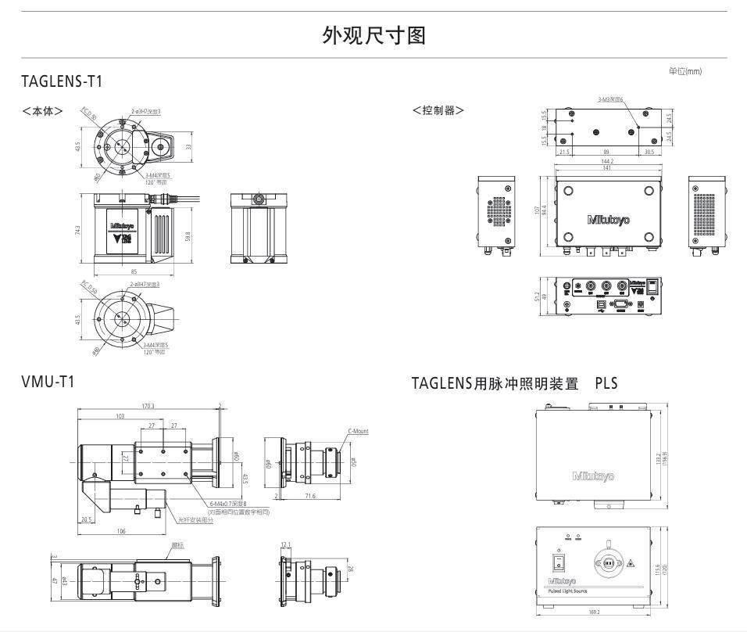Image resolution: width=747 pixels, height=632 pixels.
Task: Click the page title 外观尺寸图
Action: pos(373,35)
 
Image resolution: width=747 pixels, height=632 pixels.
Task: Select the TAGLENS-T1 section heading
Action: pos(63,81)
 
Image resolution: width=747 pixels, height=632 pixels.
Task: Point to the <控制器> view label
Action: pos(438,110)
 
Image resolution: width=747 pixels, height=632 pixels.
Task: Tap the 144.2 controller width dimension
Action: pos(606,161)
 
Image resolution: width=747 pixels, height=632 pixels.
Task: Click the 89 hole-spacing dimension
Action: pos(606,152)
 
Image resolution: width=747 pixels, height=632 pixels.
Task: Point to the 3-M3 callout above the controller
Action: pos(609,99)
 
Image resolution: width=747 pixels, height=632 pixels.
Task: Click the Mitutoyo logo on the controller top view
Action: pos(608,220)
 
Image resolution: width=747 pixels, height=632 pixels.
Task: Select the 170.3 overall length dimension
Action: pos(148,406)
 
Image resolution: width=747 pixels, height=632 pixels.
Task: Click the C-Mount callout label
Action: pos(357,431)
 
